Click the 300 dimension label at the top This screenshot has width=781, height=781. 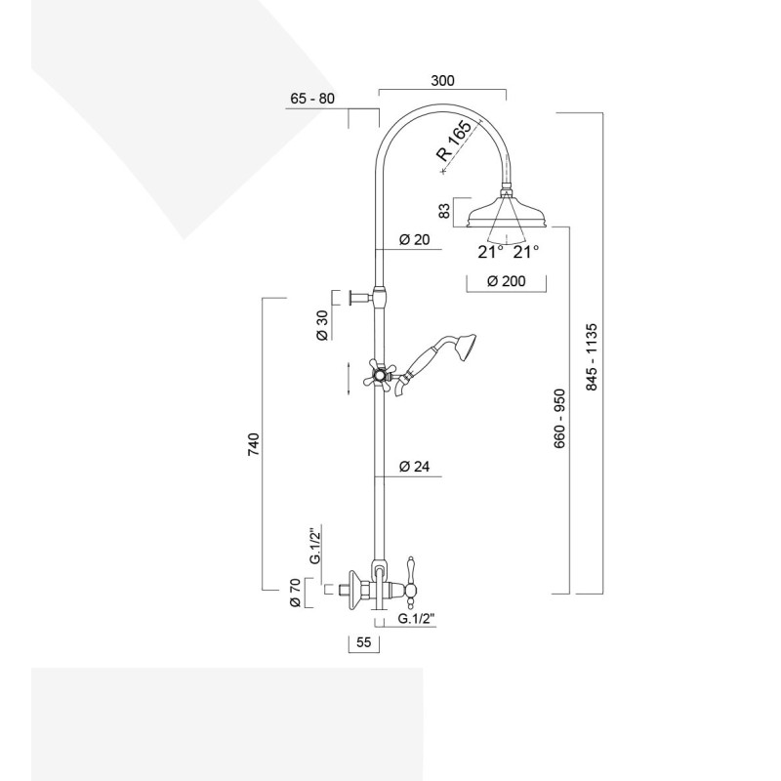(442, 81)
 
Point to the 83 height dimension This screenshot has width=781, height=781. (444, 212)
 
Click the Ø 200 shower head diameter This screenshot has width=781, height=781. (505, 282)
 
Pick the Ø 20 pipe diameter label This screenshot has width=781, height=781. (415, 241)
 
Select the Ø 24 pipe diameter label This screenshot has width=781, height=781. (415, 467)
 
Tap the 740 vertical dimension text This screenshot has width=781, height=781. (253, 445)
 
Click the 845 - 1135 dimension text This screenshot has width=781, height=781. (592, 357)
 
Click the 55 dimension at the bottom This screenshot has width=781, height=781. (362, 643)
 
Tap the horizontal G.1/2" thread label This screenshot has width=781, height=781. (417, 619)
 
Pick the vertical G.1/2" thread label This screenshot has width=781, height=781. (314, 548)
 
